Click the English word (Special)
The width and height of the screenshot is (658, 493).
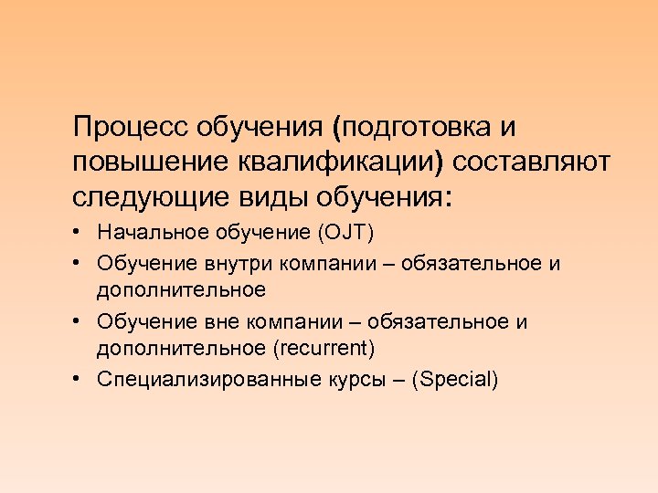pyautogui.click(x=455, y=379)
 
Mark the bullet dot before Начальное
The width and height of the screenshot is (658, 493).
pyautogui.click(x=80, y=234)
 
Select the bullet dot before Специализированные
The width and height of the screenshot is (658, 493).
pyautogui.click(x=80, y=380)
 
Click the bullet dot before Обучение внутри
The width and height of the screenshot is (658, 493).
pyautogui.click(x=80, y=264)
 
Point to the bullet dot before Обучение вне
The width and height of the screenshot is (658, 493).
pyautogui.click(x=80, y=322)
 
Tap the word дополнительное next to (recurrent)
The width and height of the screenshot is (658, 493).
pyautogui.click(x=181, y=349)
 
